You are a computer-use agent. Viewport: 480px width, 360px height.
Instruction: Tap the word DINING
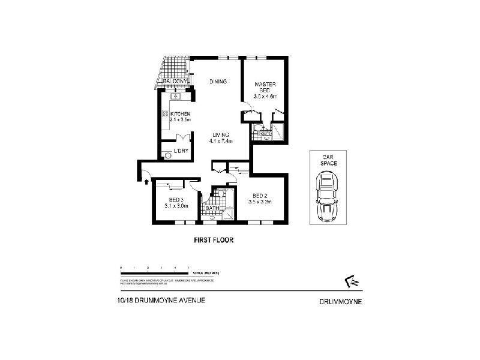[217, 82]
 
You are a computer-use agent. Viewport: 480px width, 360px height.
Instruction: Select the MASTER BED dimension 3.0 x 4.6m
[265, 96]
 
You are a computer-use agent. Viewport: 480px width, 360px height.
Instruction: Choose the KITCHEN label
[180, 114]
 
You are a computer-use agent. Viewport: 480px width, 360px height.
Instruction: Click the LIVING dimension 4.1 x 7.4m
[220, 141]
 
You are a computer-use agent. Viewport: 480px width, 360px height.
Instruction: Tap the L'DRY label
[181, 150]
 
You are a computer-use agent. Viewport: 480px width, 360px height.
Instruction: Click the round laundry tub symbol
[167, 155]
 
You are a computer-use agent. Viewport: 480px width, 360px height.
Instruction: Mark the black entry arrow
[146, 176]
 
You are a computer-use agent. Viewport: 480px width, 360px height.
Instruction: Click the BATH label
[212, 208]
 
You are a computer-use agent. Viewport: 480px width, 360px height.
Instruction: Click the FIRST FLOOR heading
[212, 240]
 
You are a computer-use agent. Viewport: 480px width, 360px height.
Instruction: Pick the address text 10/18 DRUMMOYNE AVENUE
[162, 303]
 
